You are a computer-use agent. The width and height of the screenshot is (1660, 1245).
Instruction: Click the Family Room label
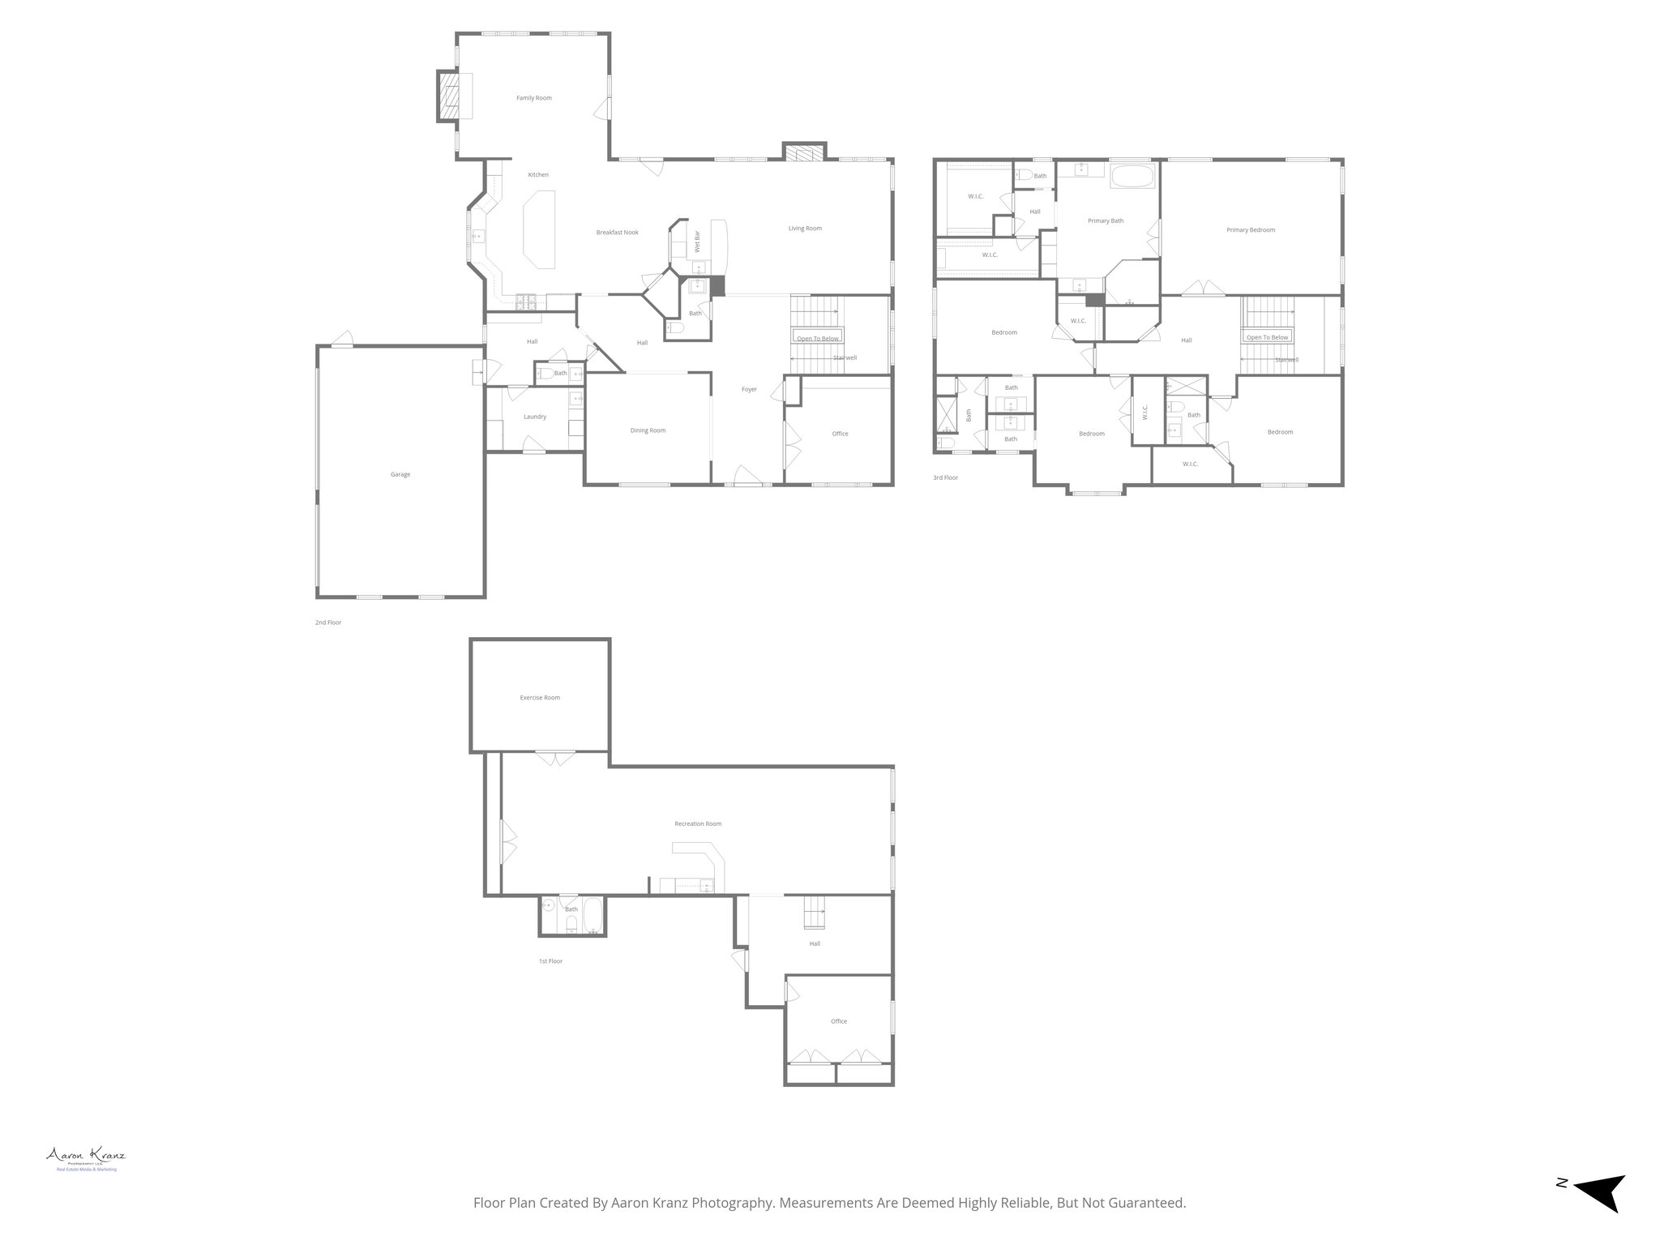tap(534, 98)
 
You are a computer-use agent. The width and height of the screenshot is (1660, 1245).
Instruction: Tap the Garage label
tap(400, 474)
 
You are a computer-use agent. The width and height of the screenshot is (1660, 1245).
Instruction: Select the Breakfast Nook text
tap(618, 233)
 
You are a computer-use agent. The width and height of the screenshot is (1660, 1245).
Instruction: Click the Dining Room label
tap(648, 430)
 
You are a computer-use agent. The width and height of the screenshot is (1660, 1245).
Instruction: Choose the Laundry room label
tap(534, 417)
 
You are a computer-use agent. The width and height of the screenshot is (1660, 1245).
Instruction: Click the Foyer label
tap(749, 390)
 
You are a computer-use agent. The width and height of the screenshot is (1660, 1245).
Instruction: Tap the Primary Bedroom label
tap(1251, 230)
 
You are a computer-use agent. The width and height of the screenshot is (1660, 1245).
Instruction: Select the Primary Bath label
tap(1106, 221)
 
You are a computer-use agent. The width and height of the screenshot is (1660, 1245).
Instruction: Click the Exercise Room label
tap(540, 698)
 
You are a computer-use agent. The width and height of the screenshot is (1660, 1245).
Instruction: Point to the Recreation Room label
tap(698, 824)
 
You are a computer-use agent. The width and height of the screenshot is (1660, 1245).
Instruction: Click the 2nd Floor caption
tap(328, 622)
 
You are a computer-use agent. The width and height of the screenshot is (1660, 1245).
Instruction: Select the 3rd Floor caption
tap(945, 478)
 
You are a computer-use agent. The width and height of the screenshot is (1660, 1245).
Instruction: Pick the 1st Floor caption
tap(550, 961)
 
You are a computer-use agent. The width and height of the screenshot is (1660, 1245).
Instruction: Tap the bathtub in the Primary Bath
tap(1133, 177)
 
